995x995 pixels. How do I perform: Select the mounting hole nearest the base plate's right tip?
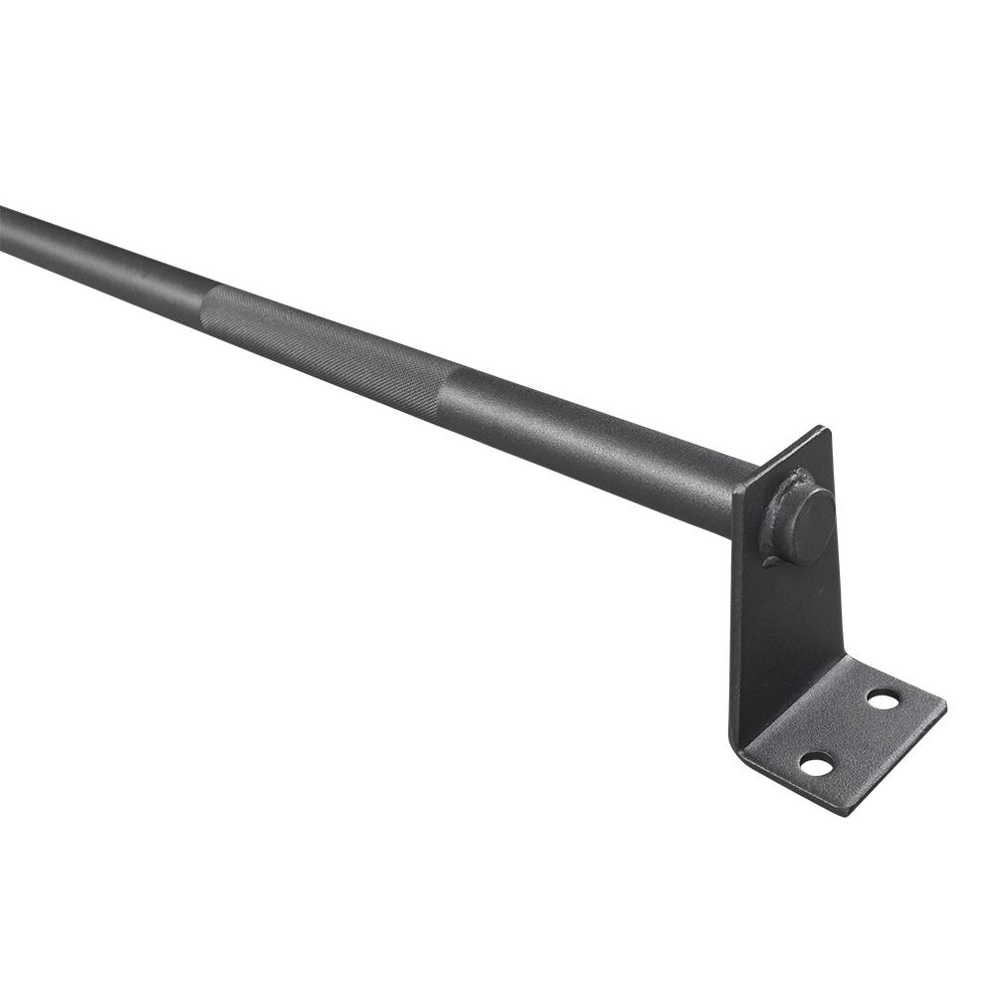pos(883,699)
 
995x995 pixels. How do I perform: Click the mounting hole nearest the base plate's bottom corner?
pos(816,764)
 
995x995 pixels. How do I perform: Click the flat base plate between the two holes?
pos(851,731)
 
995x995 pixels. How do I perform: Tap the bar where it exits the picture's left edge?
pos(5,226)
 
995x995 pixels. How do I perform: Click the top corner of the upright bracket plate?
pos(823,429)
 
